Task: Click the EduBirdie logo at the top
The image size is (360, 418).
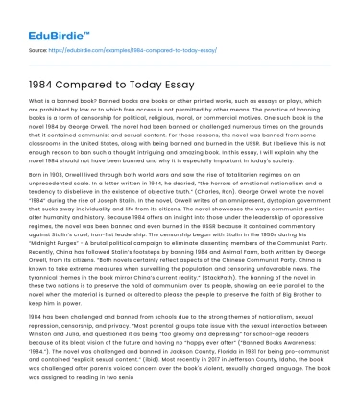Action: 46,18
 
